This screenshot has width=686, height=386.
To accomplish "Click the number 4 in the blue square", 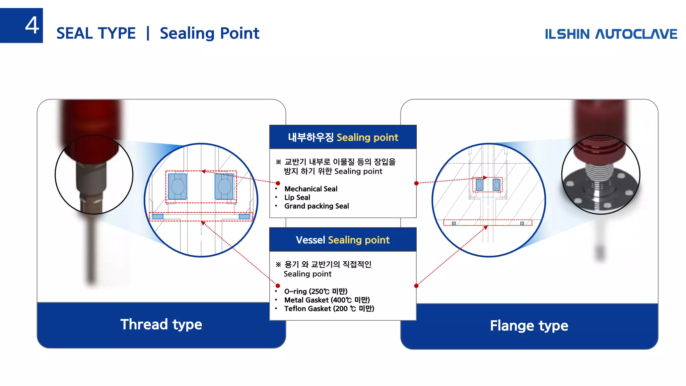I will [32, 25].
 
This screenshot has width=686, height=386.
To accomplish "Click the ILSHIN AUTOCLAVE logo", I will [611, 34].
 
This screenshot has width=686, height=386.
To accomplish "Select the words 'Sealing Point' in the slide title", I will [209, 34].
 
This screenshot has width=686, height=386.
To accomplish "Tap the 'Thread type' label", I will [161, 324].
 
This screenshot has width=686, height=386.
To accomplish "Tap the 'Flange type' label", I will [529, 326].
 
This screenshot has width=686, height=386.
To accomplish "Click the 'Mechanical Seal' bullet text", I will [311, 189].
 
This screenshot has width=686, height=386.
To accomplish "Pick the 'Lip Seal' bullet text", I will [297, 198].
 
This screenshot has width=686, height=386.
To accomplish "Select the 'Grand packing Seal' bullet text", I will [317, 206].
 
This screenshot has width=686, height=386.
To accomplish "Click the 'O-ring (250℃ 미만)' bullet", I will [316, 292].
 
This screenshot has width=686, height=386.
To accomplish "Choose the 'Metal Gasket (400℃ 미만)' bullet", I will [327, 300].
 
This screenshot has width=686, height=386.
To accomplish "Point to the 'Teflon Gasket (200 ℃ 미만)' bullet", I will [329, 309].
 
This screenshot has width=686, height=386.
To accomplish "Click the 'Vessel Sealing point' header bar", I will [343, 240].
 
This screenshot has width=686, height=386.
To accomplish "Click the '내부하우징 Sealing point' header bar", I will [343, 137].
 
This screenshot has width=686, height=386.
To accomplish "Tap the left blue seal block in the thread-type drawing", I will [178, 186].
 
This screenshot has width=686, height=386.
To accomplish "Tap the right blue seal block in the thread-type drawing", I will [224, 186].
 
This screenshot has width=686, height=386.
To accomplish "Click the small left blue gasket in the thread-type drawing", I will [158, 217].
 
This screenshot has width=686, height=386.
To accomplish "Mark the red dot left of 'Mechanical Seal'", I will [278, 183].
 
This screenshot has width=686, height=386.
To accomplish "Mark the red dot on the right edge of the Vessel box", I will [416, 286].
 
